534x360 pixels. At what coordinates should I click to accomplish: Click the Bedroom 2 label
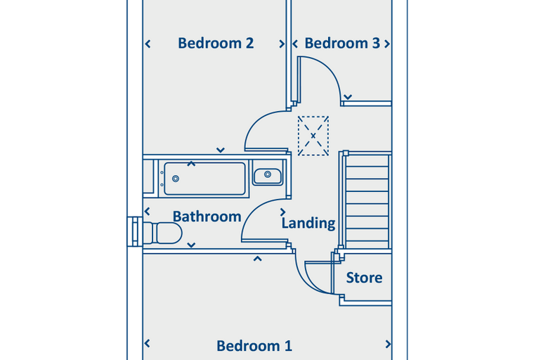[216, 44]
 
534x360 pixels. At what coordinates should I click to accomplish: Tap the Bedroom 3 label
[342, 44]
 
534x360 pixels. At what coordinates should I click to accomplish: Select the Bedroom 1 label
[254, 346]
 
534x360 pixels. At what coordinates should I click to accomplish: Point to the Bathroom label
[207, 217]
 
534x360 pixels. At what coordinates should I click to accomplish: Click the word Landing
[308, 224]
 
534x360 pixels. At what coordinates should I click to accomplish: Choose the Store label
[364, 278]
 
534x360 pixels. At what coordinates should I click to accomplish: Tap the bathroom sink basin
[268, 176]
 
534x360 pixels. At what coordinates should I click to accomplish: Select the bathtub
[204, 179]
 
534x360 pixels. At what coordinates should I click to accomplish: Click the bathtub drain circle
[176, 179]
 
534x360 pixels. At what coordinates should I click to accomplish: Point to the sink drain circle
[268, 174]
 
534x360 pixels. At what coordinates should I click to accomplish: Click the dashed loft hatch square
[313, 136]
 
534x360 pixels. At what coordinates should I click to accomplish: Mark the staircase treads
[367, 200]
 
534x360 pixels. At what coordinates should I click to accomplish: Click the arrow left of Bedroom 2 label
[148, 44]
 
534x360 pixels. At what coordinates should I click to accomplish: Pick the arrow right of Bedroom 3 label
[387, 44]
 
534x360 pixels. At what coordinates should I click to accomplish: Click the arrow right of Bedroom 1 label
[388, 345]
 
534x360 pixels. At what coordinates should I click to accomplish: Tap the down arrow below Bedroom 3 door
[348, 97]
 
